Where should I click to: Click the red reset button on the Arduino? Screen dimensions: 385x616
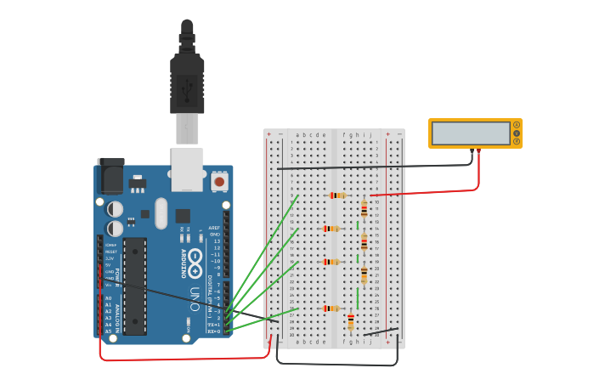point(219,181)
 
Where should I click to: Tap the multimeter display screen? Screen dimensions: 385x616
point(470,133)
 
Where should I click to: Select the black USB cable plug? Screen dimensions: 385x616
point(187,81)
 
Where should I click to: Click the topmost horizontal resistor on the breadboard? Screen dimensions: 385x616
point(338,195)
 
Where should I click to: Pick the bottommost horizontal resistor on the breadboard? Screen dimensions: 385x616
point(331,308)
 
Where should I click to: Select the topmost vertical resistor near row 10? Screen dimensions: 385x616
point(365,208)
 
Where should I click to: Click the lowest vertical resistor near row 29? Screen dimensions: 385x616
point(351,321)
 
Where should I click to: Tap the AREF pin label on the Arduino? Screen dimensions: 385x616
point(215,228)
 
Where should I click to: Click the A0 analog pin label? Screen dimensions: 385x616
point(108,298)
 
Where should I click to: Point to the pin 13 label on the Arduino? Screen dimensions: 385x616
point(216,241)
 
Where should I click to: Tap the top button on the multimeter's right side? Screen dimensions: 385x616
point(516,125)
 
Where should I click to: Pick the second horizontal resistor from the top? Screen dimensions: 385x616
point(331,229)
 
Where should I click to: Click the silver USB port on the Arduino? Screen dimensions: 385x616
point(187,169)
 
